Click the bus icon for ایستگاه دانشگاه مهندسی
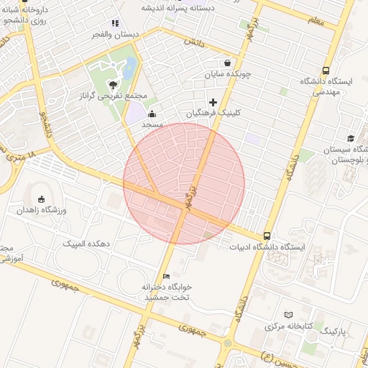coord(326,71)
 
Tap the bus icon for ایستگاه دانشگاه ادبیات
coord(267,236)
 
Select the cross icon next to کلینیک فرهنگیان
coord(213,103)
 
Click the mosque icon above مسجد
coord(152,114)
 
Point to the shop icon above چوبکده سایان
coord(228,63)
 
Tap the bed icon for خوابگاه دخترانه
coord(167,276)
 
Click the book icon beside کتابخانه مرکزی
coord(289,315)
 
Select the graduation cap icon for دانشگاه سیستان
coord(351,138)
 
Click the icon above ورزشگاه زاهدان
coord(40,199)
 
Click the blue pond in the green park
coord(129,70)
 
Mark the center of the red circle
coord(184,183)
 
